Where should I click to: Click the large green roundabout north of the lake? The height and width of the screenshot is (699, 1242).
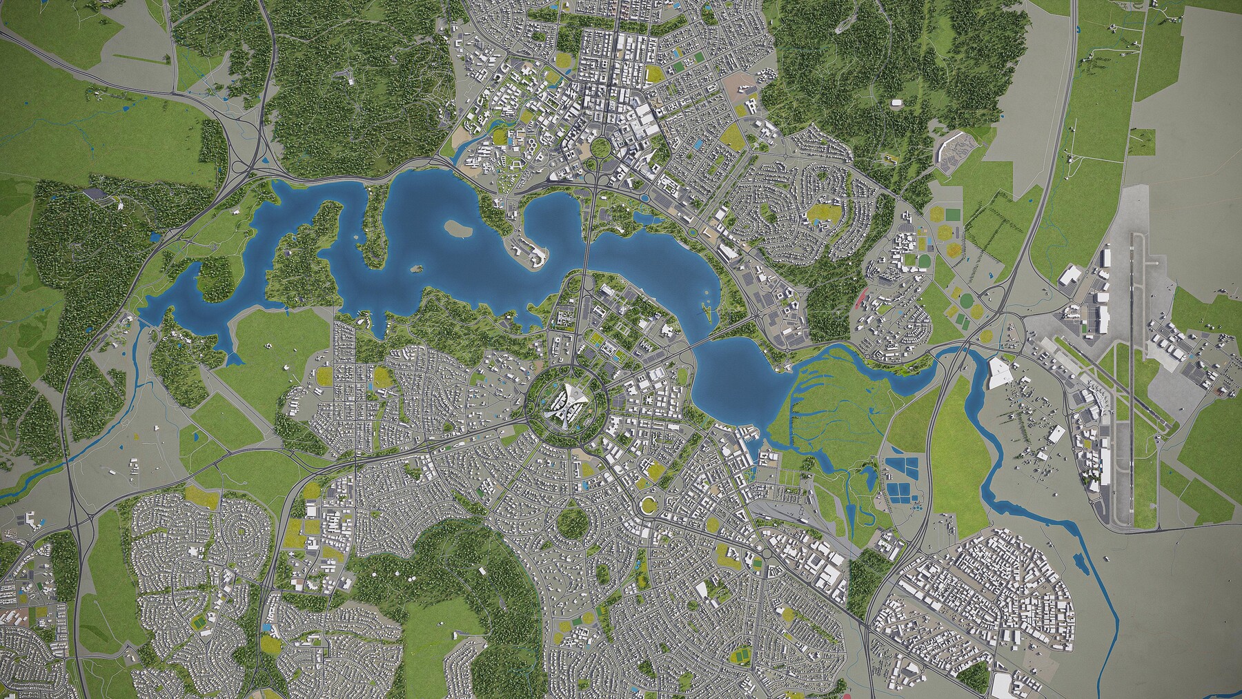[599, 146]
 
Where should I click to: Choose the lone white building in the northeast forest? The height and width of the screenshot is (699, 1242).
[896, 104]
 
